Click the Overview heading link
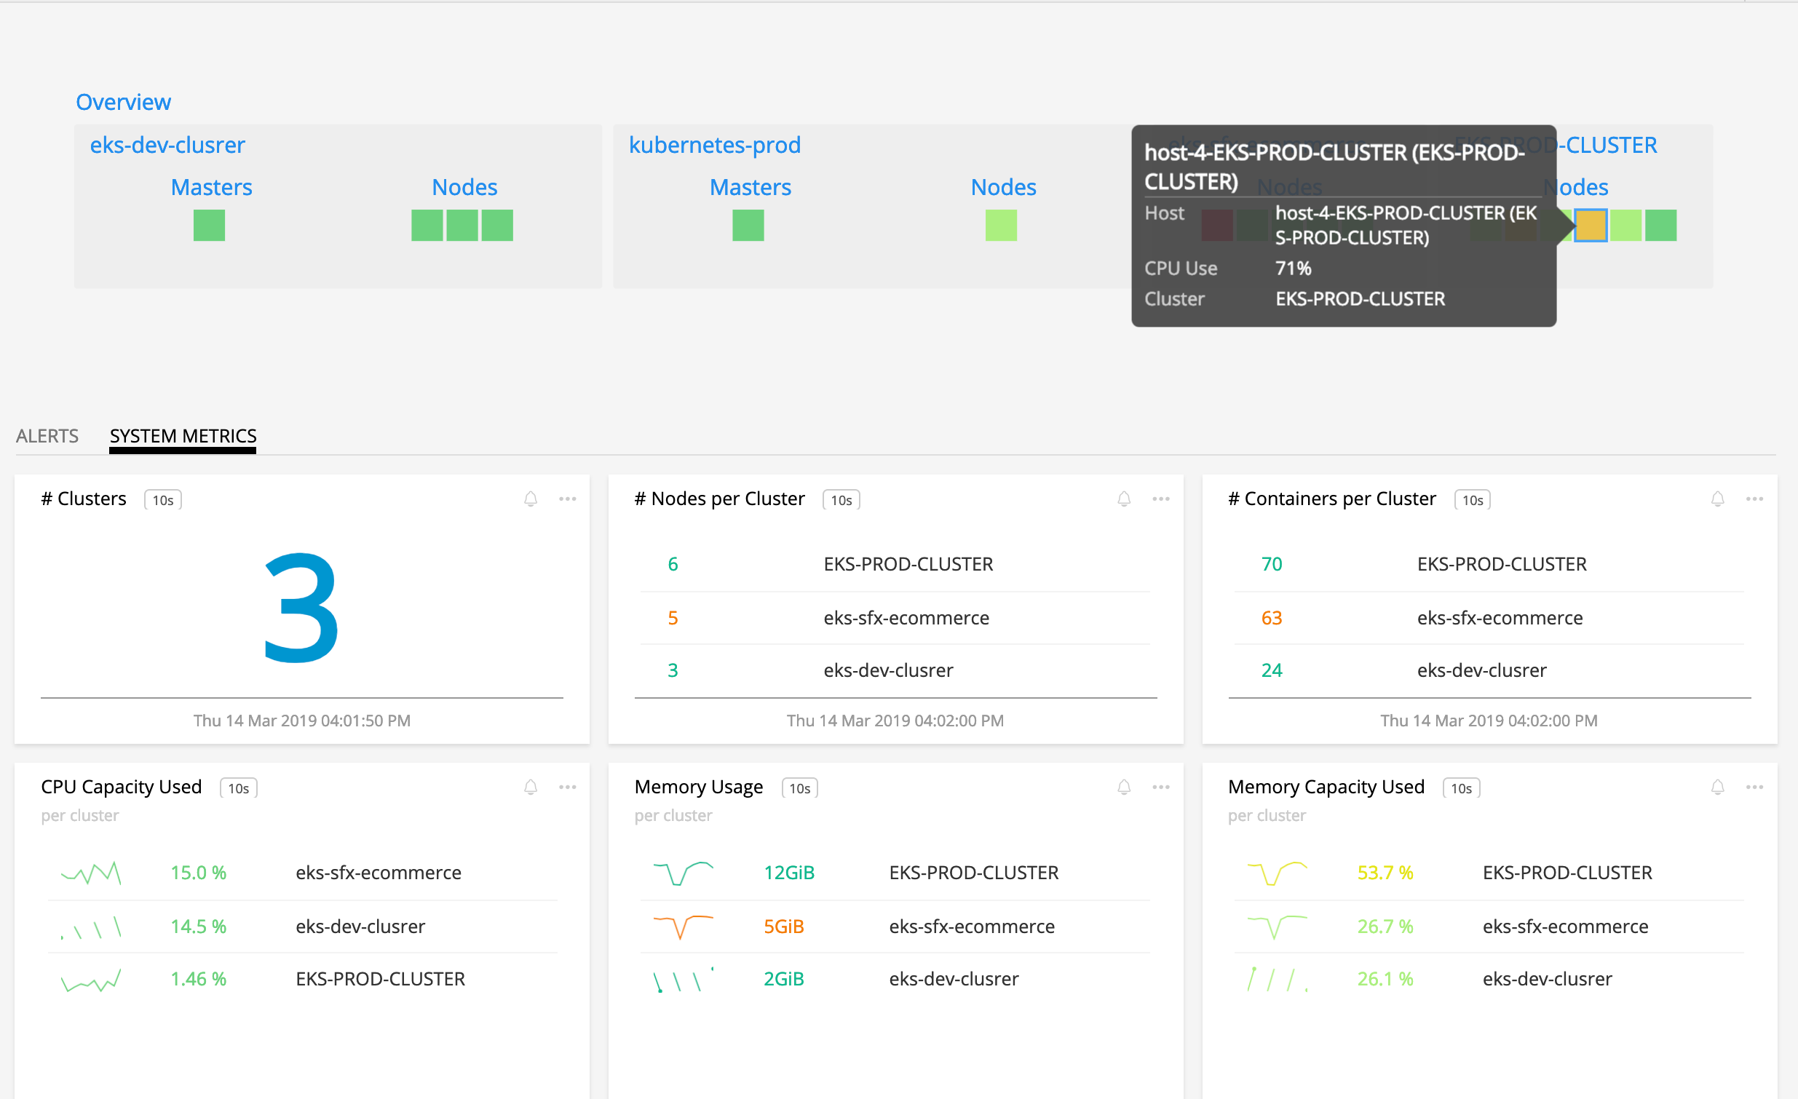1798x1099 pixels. coord(123,102)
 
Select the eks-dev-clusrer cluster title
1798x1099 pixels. coord(167,146)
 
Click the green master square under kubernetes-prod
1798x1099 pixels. coord(748,226)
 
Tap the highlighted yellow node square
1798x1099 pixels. coord(1591,226)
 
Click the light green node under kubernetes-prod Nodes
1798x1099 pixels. coord(1000,226)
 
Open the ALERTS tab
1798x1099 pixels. coord(47,436)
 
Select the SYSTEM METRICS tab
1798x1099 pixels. coord(183,436)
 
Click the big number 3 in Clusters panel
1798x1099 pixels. coord(301,608)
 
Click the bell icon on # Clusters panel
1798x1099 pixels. coord(531,499)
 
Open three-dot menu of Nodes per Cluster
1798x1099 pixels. coord(1160,499)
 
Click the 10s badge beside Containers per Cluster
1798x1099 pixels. coord(1472,500)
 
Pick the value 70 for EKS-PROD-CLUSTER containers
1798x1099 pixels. coord(1271,564)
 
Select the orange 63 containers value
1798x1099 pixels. coord(1271,618)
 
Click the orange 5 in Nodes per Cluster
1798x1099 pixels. coord(673,618)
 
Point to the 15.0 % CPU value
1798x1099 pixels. coord(199,873)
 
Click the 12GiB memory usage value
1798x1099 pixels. coord(789,873)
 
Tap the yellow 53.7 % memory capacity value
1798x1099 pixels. coord(1385,873)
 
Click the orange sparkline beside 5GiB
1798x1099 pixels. coord(683,926)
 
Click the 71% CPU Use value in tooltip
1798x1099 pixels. coord(1293,269)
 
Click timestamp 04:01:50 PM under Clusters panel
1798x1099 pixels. coord(301,721)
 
